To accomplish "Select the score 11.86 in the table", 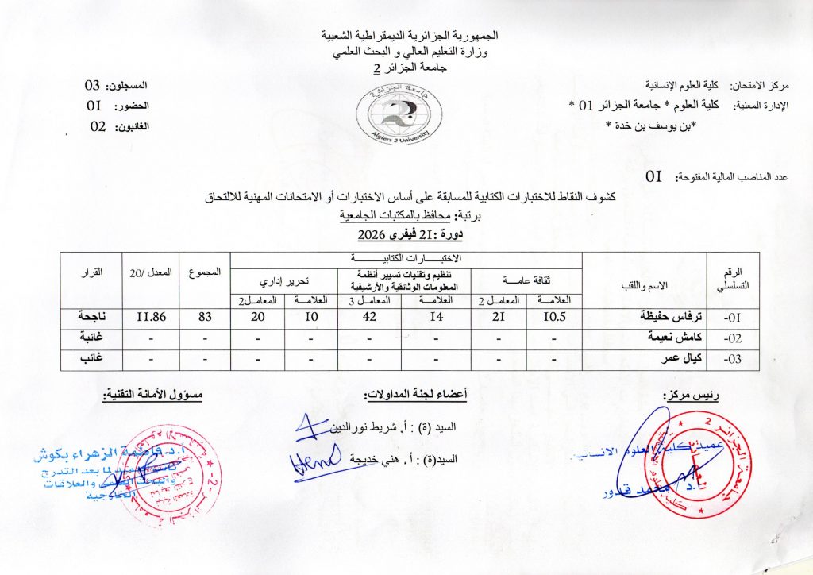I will [x=148, y=315].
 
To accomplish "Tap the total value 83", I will [x=202, y=315].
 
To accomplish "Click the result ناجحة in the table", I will [x=91, y=315].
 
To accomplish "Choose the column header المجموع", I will [x=204, y=272].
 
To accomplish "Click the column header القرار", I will [x=92, y=272].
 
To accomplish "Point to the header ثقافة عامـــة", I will [x=526, y=280].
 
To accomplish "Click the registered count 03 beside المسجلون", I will [x=93, y=85].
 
